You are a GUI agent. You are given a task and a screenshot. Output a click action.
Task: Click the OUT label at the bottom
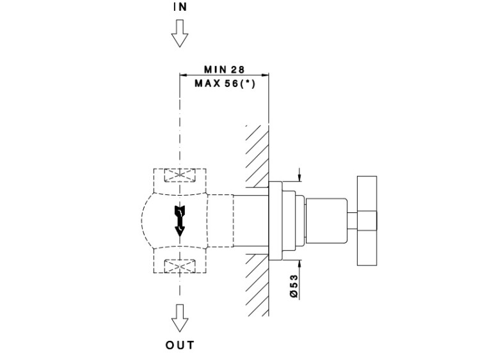(x=180, y=345)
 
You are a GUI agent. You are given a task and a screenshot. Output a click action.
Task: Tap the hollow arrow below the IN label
(x=180, y=33)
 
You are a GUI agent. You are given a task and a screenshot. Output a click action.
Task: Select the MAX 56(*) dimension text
(x=225, y=82)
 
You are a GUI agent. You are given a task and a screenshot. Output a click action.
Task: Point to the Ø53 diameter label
(x=294, y=285)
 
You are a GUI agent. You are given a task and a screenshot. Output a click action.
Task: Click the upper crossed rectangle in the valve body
(x=180, y=176)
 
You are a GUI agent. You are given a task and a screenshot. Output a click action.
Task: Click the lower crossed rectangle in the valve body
(x=180, y=264)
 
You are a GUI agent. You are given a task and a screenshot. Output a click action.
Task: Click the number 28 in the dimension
(x=239, y=68)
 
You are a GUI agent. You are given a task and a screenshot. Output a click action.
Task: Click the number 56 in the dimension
(x=230, y=82)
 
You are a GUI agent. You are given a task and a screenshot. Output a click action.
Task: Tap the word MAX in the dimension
(x=207, y=82)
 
